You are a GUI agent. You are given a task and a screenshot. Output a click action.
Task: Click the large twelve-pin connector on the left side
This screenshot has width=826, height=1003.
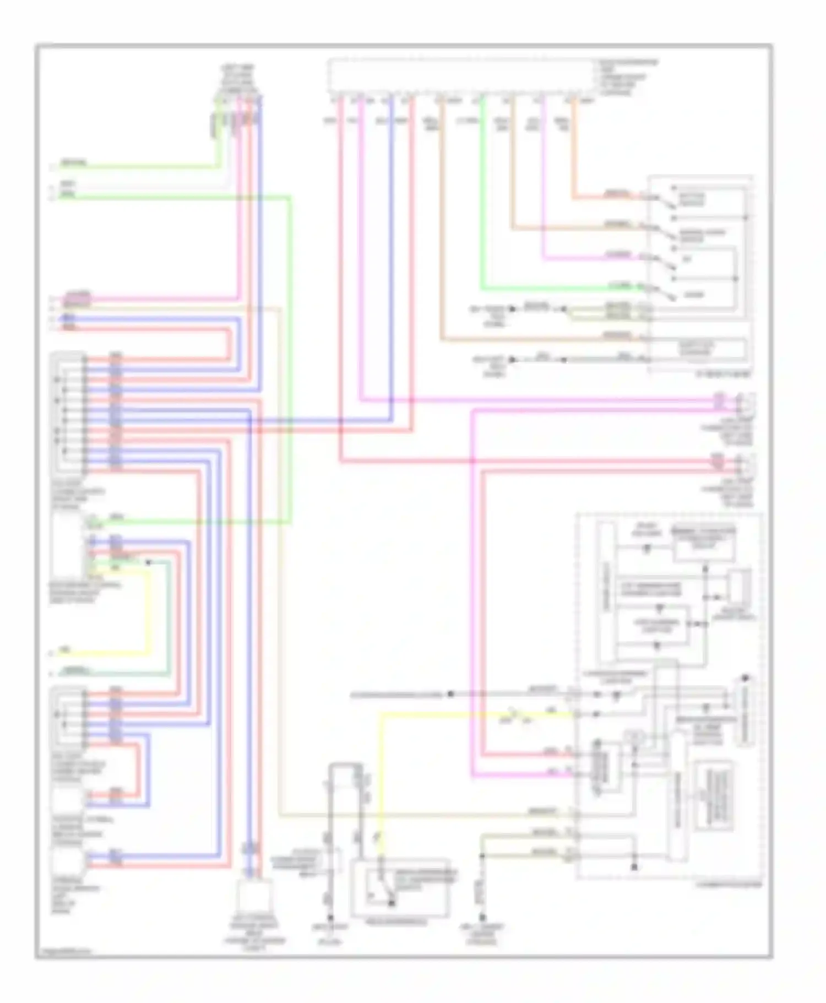[69, 413]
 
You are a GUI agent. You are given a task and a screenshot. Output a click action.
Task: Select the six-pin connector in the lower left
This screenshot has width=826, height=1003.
[69, 715]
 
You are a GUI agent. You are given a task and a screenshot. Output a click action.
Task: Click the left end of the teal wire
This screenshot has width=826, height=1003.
[52, 673]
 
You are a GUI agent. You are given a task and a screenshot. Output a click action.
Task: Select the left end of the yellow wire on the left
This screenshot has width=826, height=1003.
[52, 653]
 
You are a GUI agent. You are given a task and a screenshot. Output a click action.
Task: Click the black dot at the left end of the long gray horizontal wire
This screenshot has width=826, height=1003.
[450, 695]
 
